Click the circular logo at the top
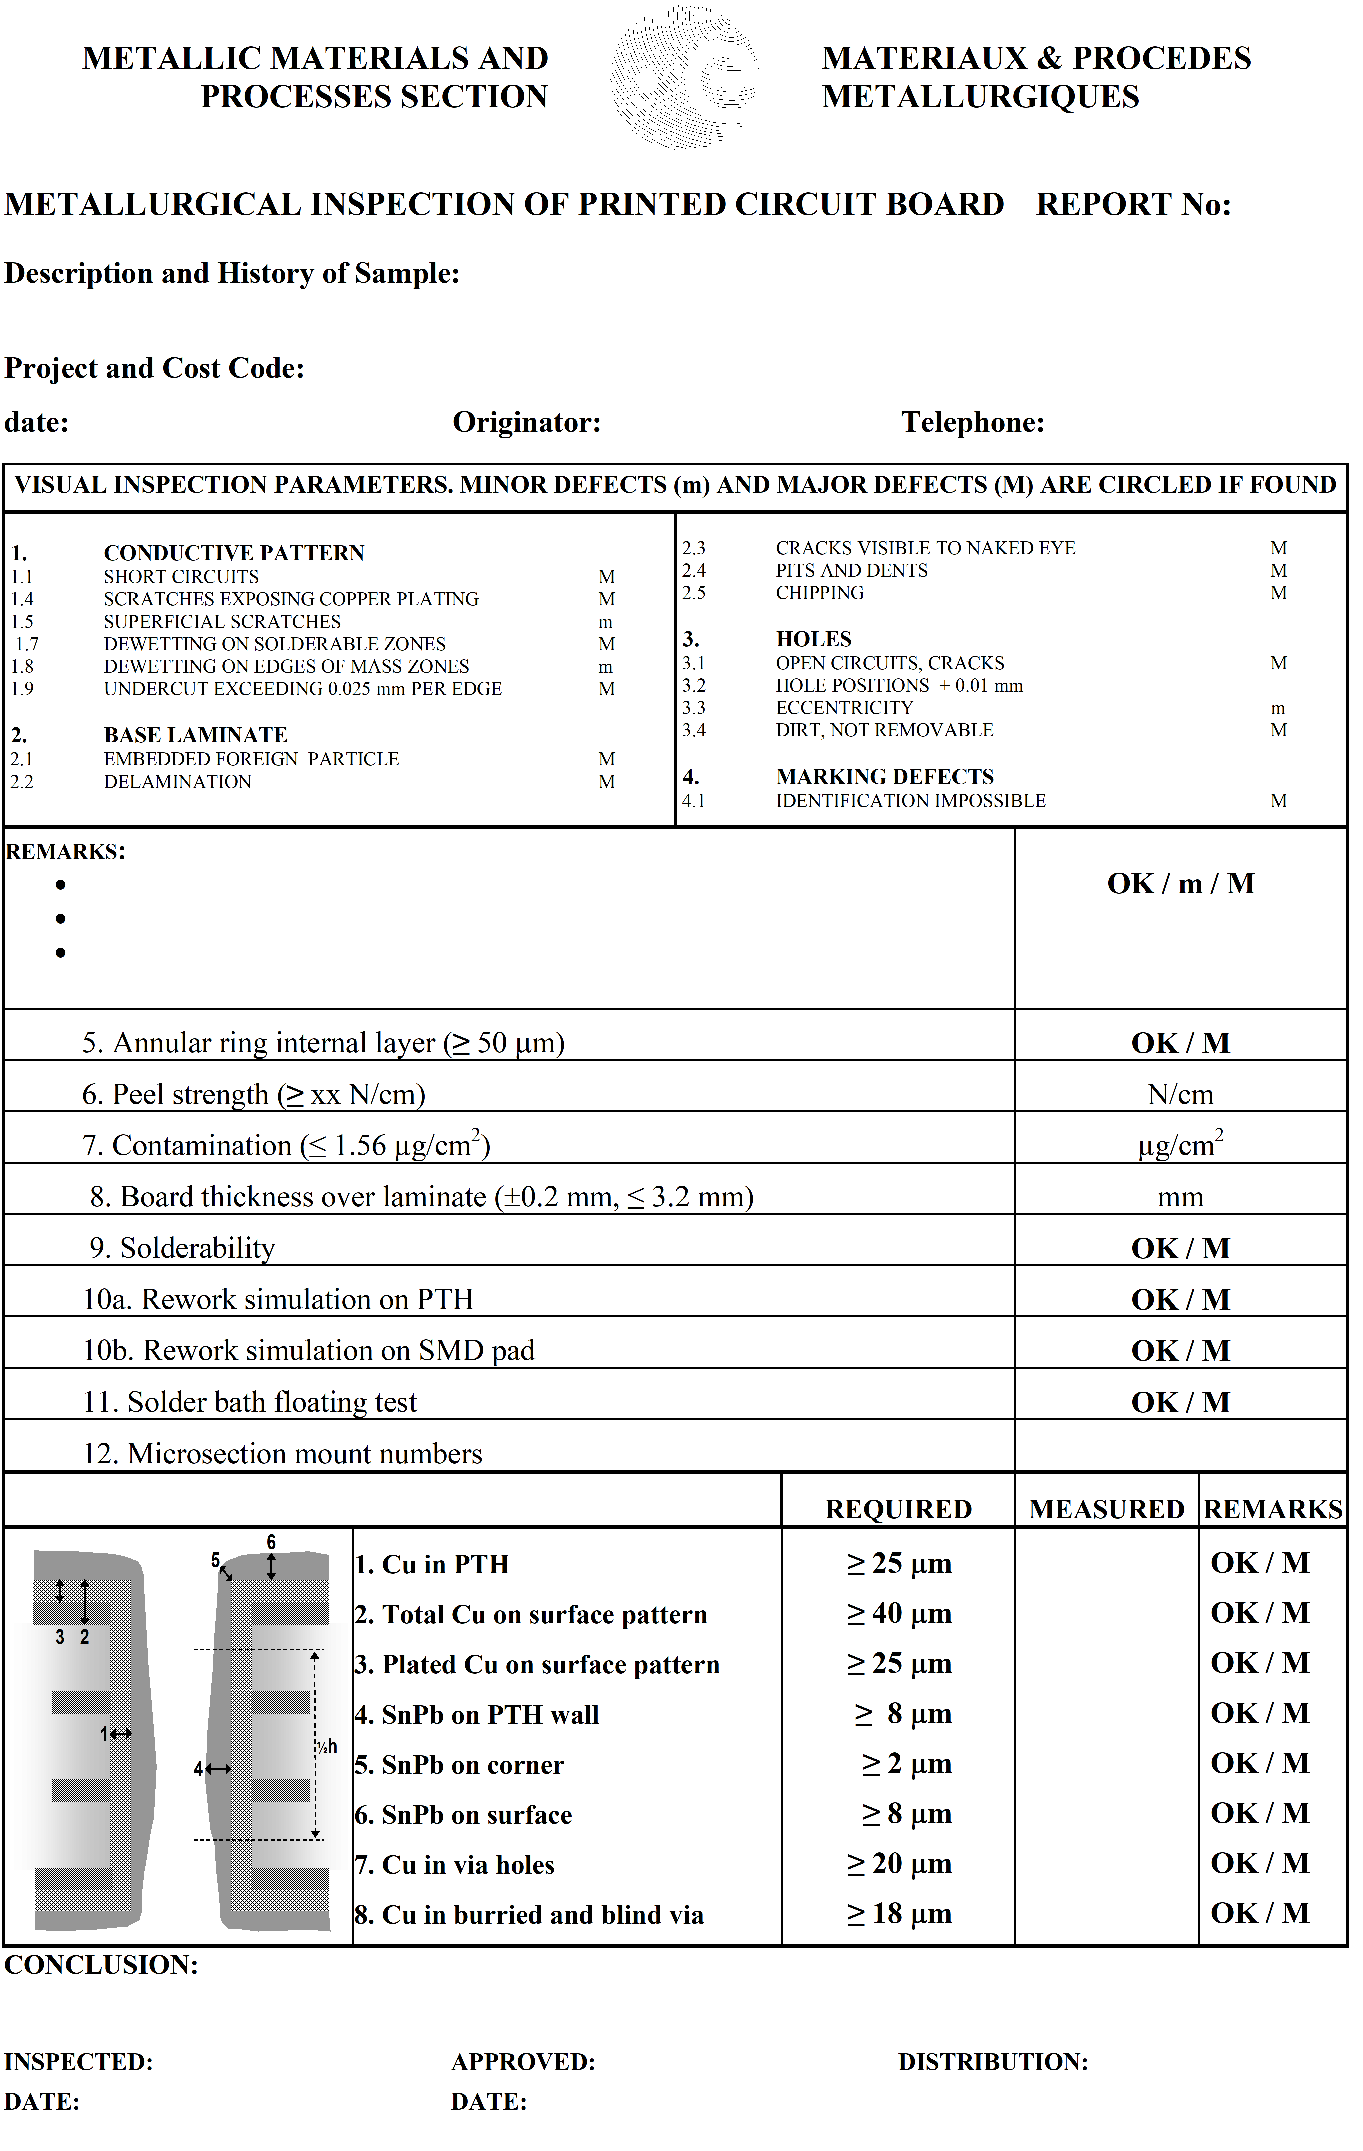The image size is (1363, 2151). pos(685,78)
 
